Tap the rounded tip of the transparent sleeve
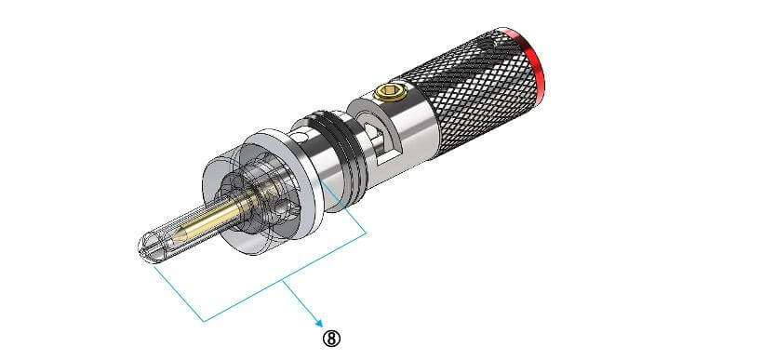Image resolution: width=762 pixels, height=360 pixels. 139,248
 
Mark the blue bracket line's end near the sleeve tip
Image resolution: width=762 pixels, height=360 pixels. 154,273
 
